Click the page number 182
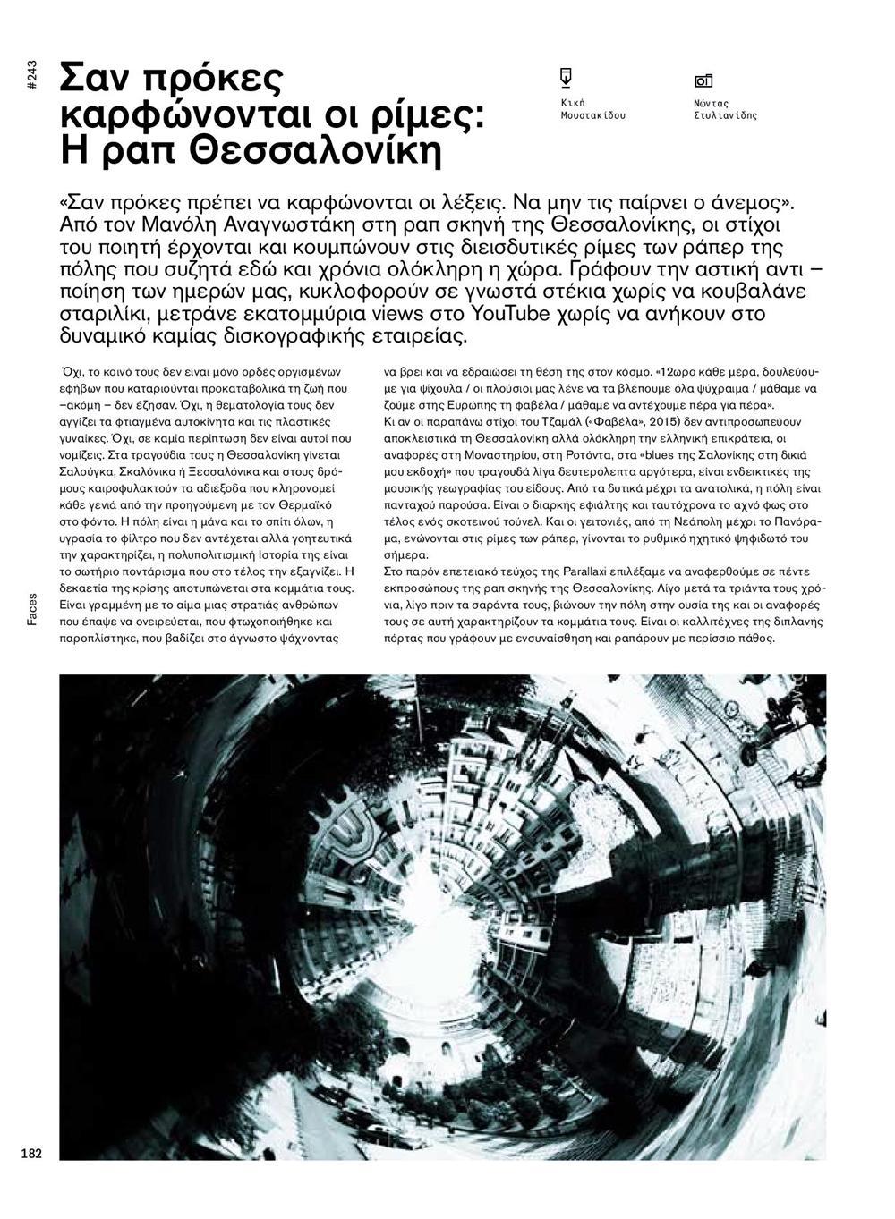[31, 1153]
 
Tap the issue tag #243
[31, 74]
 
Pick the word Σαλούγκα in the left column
[87, 470]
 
